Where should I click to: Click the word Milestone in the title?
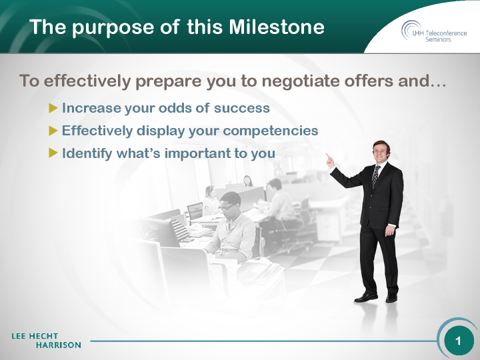tap(277, 27)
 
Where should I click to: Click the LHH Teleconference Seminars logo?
tap(434, 32)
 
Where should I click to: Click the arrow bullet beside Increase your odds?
tap(53, 108)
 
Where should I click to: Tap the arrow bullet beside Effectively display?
tap(53, 131)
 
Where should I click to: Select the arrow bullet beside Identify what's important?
tap(53, 153)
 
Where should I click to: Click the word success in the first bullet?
tap(241, 108)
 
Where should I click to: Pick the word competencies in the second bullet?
tap(270, 131)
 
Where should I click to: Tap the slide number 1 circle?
tap(458, 341)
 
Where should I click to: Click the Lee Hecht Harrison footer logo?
tap(46, 341)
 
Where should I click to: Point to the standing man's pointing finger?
tap(327, 155)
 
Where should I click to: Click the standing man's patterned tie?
tap(375, 177)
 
